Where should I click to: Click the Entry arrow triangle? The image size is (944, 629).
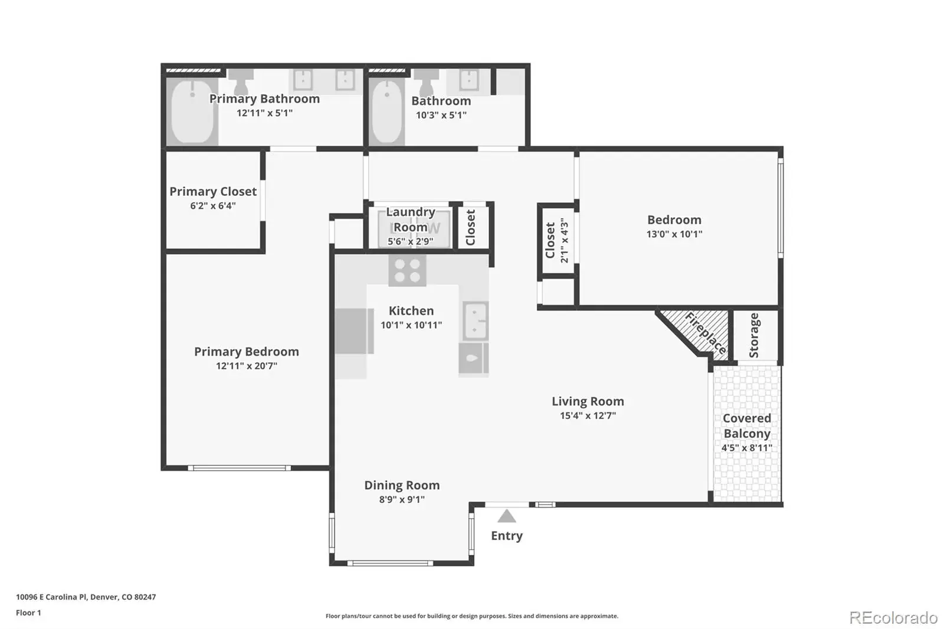pos(507,516)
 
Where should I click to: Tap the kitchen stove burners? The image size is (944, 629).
pos(407,271)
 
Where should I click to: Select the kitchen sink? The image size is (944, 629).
pos(476,321)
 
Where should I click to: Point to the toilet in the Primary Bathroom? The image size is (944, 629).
pos(241,82)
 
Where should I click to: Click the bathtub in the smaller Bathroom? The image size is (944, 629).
pos(387,112)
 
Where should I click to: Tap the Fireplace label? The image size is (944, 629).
pos(706,333)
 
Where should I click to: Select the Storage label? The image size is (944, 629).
pos(754,336)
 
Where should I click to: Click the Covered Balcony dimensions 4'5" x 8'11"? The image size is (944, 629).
pos(747,447)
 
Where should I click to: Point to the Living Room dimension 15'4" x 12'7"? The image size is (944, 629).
pos(588,415)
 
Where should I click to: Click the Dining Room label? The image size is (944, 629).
pos(402,485)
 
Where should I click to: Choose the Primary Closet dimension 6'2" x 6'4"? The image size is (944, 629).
pos(213,206)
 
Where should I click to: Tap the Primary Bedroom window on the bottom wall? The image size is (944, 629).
pos(239,468)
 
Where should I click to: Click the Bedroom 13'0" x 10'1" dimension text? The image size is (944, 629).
pos(674,234)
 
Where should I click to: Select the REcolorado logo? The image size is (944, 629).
pos(893,618)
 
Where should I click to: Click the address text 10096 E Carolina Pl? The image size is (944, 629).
pos(51,597)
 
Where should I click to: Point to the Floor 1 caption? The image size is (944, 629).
pos(29,612)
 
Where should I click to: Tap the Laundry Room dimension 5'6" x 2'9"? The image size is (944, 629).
pos(411,241)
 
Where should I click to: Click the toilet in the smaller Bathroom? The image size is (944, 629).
pos(426,82)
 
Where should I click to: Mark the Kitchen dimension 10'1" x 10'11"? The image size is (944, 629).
pos(411,325)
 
